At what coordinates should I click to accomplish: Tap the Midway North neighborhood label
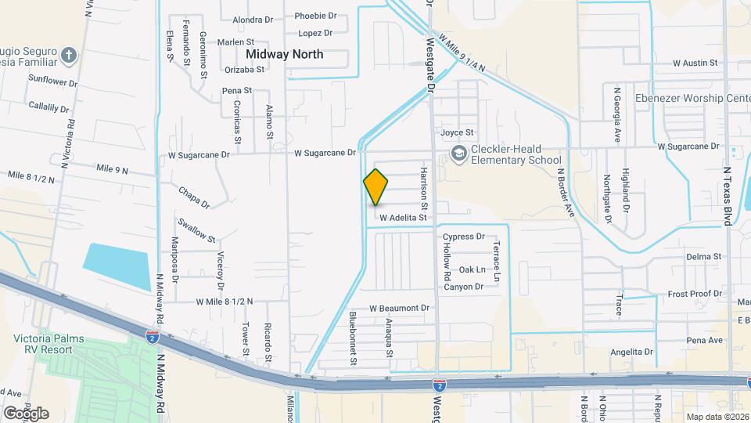pos(285,54)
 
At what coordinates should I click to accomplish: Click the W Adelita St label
pos(403,218)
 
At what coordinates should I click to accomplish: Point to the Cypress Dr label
pos(464,236)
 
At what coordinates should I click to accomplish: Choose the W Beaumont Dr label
pos(400,308)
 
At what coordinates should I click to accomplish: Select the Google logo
pos(26,413)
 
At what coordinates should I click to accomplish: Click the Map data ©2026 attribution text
pos(717,416)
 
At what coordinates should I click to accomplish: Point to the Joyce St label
pos(457,132)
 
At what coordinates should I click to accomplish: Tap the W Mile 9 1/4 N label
pos(462,52)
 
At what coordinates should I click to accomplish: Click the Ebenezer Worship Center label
pos(693,98)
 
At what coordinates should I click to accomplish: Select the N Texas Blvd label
pos(728,196)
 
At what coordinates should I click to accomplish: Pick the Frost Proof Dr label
pos(695,294)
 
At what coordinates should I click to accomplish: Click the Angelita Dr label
pos(631,352)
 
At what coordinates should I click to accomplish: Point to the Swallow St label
pos(196,230)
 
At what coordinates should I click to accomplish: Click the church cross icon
pos(69,55)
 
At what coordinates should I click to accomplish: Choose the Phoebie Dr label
pos(315,16)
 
